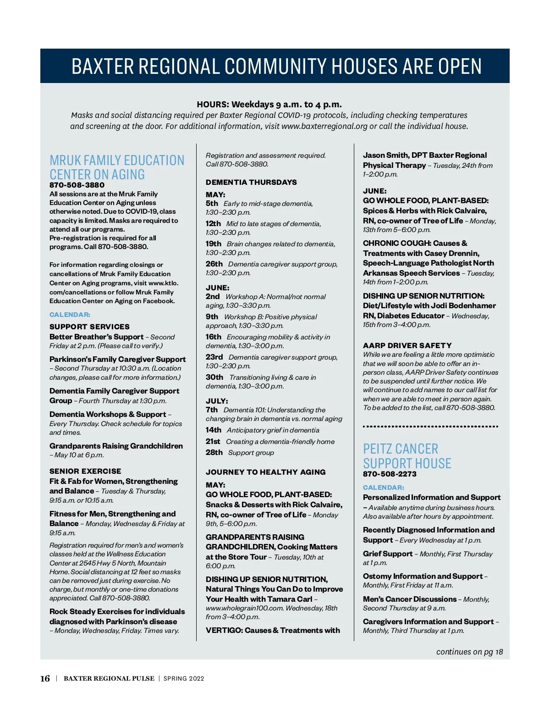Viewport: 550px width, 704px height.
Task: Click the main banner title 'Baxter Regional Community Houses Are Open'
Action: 276,67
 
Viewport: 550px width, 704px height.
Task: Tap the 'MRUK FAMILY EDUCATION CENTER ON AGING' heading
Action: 116,167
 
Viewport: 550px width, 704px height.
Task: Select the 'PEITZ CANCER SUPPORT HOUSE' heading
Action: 407,456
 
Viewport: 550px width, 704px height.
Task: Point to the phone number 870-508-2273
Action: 390,474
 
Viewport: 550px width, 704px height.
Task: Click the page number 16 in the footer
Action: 45,678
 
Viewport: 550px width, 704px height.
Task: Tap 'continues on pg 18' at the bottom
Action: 469,652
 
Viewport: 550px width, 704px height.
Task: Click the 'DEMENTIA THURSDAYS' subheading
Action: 251,182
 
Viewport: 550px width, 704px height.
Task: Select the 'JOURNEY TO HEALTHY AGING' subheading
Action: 266,472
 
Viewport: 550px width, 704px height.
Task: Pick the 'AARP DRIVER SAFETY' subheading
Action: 407,345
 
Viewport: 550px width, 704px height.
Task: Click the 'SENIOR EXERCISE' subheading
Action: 85,471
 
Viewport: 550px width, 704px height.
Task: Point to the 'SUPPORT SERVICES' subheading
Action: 89,327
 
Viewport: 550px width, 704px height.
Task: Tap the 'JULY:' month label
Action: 217,401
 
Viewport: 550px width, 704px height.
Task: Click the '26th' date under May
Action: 214,264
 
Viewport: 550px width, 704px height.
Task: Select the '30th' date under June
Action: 214,377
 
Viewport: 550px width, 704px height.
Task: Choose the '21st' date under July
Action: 213,441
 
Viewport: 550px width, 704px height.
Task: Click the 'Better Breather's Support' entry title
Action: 96,337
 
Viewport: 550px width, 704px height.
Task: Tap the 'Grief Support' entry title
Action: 388,554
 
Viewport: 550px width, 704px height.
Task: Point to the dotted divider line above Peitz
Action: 430,427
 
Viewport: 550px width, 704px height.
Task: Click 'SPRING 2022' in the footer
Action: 184,679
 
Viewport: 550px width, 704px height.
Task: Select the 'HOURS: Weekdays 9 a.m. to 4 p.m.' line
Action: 269,104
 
